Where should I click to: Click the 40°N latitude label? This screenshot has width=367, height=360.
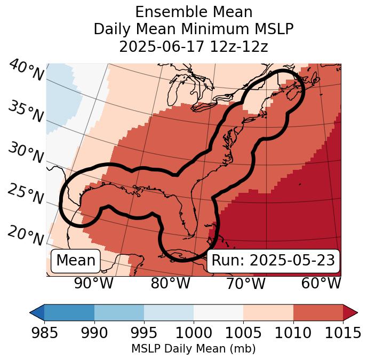coord(26,71)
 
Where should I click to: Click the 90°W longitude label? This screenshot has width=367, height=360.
coord(93,283)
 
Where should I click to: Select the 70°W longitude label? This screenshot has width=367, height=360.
coord(245,283)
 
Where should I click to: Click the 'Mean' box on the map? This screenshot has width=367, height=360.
coord(76,261)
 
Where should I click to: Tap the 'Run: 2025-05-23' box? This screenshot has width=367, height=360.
coord(273,261)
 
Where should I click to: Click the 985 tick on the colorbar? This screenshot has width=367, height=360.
coord(44,333)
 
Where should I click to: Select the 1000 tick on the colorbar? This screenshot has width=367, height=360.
coord(194,333)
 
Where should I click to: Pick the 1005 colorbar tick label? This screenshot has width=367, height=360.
coord(243,333)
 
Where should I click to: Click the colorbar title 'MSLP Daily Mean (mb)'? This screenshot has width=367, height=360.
coord(194,349)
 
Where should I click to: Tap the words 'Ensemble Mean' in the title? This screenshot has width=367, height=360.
coord(194,12)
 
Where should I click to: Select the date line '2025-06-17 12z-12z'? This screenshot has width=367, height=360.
coord(194,46)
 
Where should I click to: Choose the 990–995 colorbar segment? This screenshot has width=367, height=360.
coord(119,312)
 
